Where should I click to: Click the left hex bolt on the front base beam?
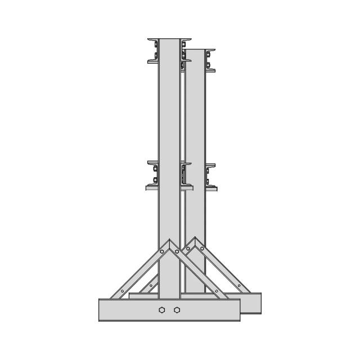[162, 310]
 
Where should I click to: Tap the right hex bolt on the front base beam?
[177, 310]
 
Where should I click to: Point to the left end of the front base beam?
[101, 310]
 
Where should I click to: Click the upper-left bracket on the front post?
[153, 51]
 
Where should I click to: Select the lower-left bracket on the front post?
[152, 175]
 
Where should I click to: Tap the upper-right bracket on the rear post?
[210, 61]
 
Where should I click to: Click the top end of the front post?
[169, 40]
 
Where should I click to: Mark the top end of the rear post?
[195, 51]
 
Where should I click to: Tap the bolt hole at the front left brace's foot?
[122, 291]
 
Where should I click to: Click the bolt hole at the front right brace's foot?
[217, 291]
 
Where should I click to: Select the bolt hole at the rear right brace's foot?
[239, 286]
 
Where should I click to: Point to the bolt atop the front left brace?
[162, 251]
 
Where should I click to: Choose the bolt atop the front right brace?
[177, 251]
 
